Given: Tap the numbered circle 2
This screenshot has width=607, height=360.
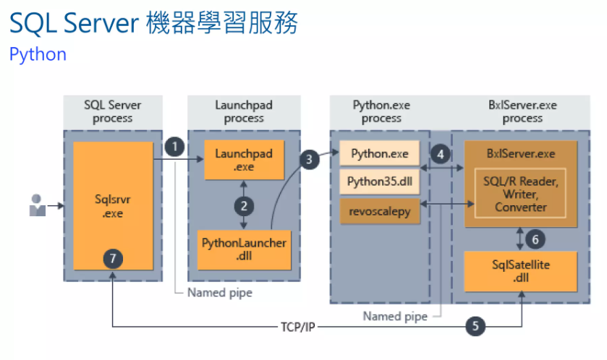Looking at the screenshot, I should click(244, 205).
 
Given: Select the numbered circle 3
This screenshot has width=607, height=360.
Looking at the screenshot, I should click(310, 160).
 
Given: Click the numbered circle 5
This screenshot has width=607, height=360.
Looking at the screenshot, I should click(475, 326).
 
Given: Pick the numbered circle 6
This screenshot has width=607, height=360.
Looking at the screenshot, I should click(535, 238).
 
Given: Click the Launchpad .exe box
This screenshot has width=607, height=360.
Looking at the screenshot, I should click(244, 160).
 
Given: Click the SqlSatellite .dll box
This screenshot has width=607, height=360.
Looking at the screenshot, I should click(520, 271).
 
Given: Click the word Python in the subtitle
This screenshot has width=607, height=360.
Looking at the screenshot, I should click(38, 54).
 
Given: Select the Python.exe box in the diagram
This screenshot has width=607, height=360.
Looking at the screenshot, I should click(379, 153).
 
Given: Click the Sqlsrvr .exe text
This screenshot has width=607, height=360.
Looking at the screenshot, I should click(112, 205).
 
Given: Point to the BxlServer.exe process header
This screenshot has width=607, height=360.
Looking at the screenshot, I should click(522, 111).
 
